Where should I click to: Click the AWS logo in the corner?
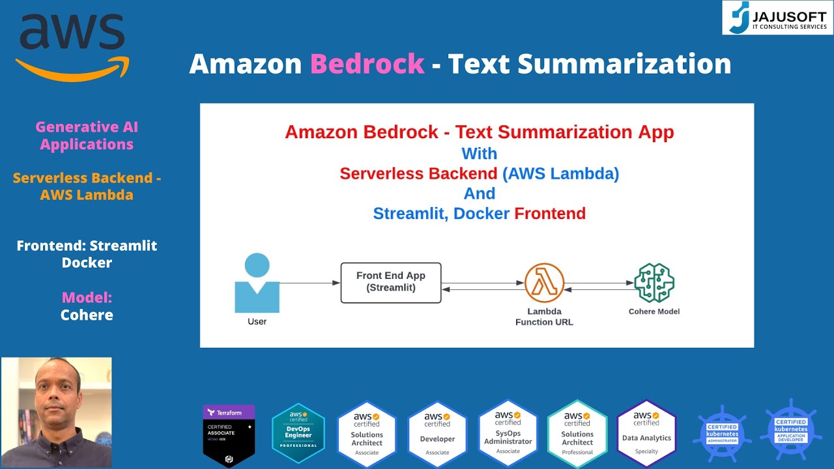(x=72, y=46)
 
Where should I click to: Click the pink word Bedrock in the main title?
(x=367, y=64)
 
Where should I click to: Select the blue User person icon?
(x=257, y=283)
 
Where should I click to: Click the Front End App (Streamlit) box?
(x=391, y=283)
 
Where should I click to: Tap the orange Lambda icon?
(x=544, y=283)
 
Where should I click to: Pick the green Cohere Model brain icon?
(x=654, y=283)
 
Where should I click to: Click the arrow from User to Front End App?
(x=310, y=283)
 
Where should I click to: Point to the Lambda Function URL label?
(x=544, y=317)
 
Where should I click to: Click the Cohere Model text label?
(x=654, y=311)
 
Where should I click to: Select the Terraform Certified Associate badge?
(x=229, y=435)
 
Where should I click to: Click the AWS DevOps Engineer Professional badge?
(x=298, y=433)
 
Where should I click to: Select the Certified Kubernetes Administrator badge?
(x=721, y=433)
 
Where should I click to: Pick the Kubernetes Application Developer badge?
(x=791, y=430)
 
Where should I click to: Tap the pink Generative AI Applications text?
(x=87, y=135)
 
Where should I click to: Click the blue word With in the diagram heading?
(x=479, y=154)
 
